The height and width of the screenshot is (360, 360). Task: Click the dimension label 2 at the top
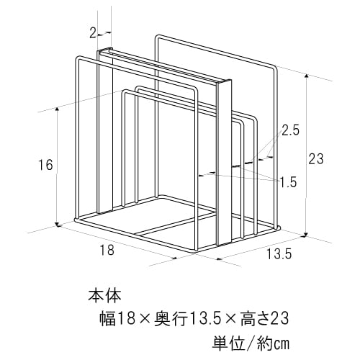pyautogui.click(x=93, y=33)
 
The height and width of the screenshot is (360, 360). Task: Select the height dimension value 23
pyautogui.click(x=316, y=159)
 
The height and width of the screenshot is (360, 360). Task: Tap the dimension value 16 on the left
pyautogui.click(x=45, y=165)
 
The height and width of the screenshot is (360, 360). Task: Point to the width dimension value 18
pyautogui.click(x=107, y=250)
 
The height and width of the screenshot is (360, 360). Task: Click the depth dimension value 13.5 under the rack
pyautogui.click(x=279, y=253)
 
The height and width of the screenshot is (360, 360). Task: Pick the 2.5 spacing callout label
pyautogui.click(x=290, y=131)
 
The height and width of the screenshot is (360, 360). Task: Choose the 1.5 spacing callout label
pyautogui.click(x=289, y=182)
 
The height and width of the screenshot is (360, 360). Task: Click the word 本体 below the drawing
pyautogui.click(x=105, y=296)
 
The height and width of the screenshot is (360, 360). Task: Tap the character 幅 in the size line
pyautogui.click(x=108, y=319)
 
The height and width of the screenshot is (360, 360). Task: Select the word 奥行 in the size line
pyautogui.click(x=171, y=319)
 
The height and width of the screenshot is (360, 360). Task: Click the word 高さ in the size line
pyautogui.click(x=256, y=319)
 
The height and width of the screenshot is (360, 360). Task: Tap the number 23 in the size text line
pyautogui.click(x=280, y=319)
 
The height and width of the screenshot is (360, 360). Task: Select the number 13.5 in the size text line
pyautogui.click(x=202, y=319)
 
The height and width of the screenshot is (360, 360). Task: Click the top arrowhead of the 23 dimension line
pyautogui.click(x=306, y=76)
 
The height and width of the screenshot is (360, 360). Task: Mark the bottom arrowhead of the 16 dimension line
pyautogui.click(x=57, y=224)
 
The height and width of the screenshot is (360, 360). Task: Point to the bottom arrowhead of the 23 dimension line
pyautogui.click(x=306, y=234)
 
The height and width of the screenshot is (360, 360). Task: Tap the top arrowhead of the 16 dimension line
pyautogui.click(x=57, y=109)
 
